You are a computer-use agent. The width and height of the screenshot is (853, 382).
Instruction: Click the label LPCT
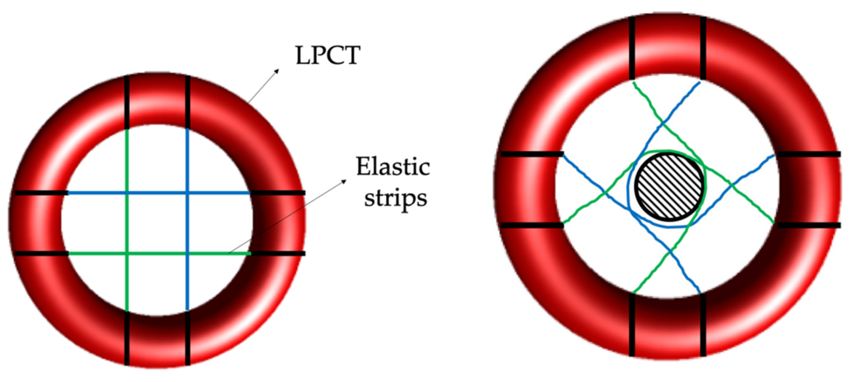point(327,55)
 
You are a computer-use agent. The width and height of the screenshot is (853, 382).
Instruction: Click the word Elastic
point(393,167)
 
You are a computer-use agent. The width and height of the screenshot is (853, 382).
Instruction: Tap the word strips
point(395,198)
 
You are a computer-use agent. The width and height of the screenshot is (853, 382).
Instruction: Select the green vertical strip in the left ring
point(127,159)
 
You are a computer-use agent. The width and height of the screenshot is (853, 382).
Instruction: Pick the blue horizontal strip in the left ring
point(99,193)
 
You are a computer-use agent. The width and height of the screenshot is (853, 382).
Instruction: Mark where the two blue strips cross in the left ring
point(188,193)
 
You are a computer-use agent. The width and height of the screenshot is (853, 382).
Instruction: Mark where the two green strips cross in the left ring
point(127,254)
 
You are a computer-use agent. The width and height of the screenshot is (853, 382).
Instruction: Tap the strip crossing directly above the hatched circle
point(663,124)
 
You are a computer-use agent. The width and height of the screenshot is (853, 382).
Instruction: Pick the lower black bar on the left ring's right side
point(278,254)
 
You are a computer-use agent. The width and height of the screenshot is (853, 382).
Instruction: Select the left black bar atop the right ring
point(632,48)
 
